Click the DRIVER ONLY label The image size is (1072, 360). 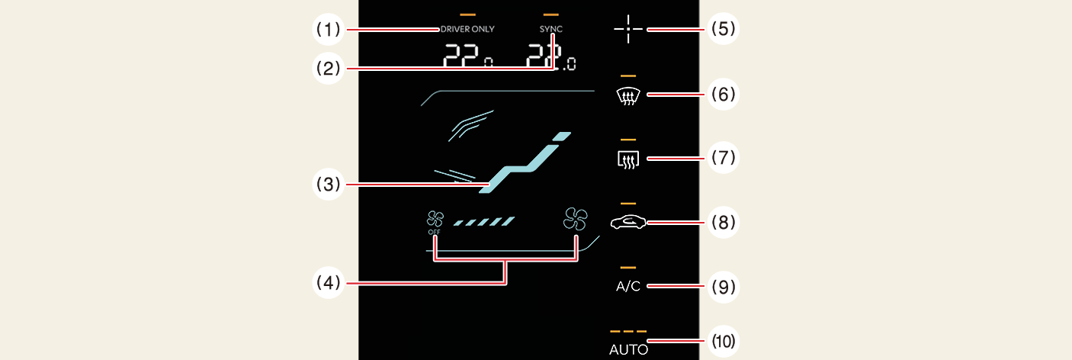467,29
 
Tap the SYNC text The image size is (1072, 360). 550,29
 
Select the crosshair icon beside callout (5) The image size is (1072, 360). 628,30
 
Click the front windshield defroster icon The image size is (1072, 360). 628,95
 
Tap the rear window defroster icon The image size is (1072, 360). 628,159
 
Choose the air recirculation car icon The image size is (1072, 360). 628,223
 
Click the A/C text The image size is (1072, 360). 628,287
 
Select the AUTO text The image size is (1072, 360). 628,350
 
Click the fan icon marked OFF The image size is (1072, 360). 435,222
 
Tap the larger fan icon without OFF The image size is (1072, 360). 576,220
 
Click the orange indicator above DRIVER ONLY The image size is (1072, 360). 467,14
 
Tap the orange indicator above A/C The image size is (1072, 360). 628,268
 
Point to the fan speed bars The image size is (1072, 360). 484,222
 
